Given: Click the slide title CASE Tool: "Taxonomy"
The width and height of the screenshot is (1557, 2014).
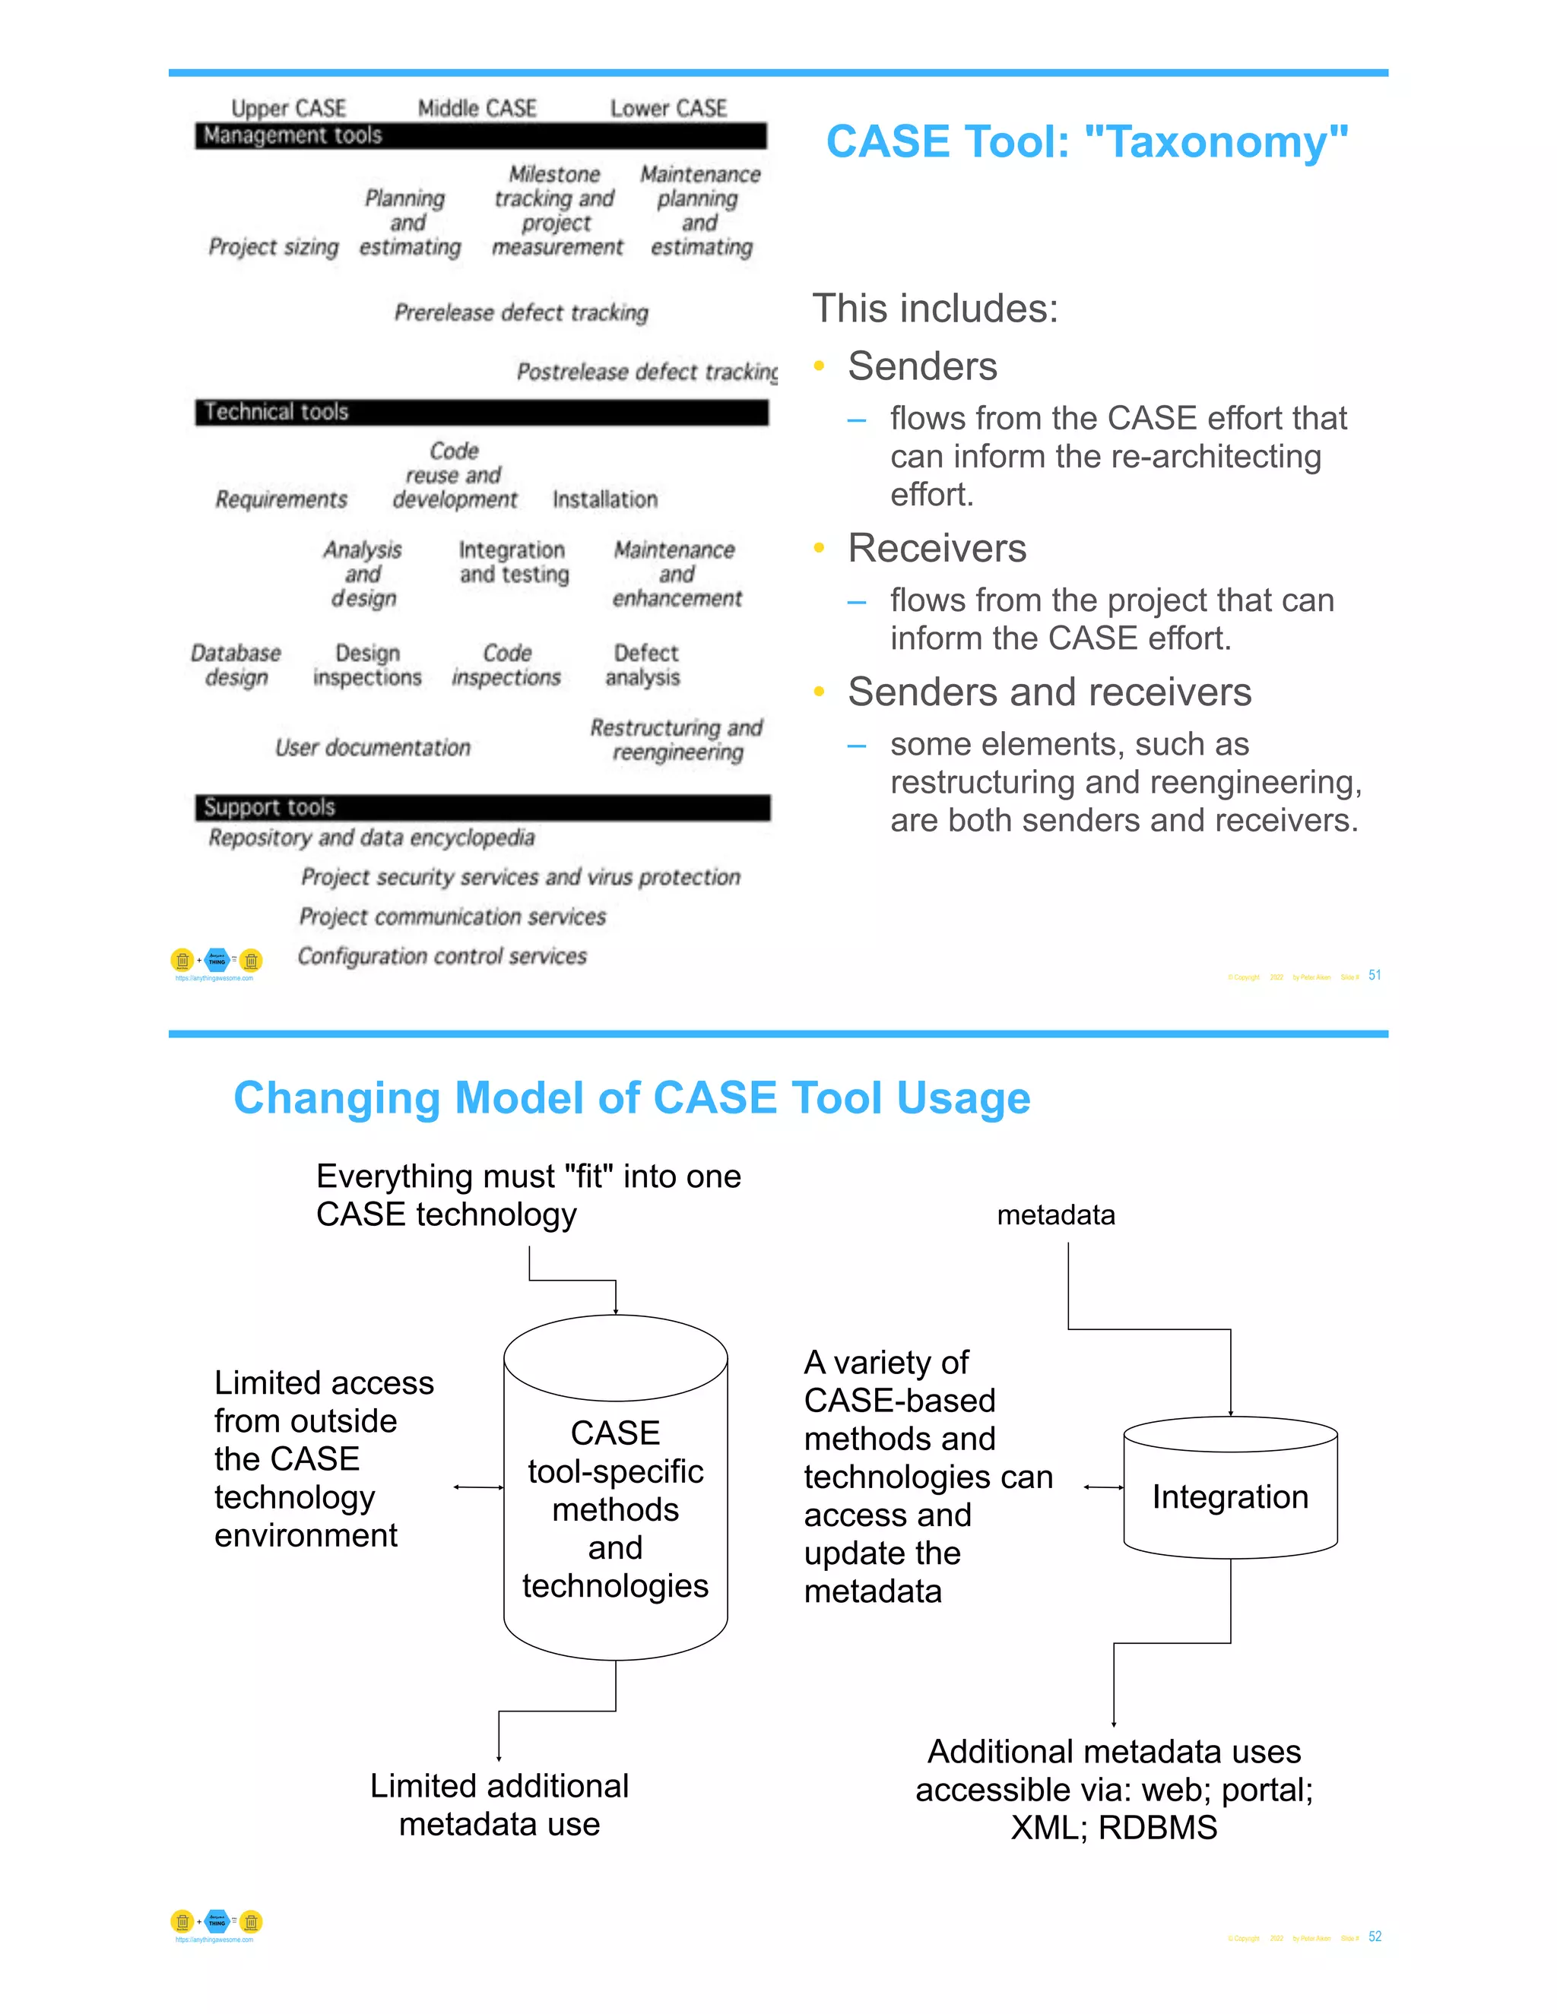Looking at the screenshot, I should pyautogui.click(x=1086, y=142).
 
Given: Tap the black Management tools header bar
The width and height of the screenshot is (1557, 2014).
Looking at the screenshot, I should pyautogui.click(x=480, y=135).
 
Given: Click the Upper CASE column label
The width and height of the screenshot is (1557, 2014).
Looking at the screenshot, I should pyautogui.click(x=288, y=109).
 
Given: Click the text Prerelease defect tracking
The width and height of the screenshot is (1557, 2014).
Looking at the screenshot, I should pyautogui.click(x=521, y=312).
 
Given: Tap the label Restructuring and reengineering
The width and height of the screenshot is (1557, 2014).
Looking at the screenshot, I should pyautogui.click(x=676, y=739).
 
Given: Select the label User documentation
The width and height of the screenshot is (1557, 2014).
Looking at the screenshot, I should pyautogui.click(x=373, y=748).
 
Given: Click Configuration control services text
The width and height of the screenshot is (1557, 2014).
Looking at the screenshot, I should pyautogui.click(x=442, y=956).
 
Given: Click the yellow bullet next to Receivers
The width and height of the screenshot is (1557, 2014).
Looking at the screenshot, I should pyautogui.click(x=818, y=548).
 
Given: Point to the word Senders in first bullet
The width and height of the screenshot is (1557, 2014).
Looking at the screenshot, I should pyautogui.click(x=921, y=366).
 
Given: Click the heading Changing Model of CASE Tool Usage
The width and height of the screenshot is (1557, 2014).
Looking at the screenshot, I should pyautogui.click(x=631, y=1097).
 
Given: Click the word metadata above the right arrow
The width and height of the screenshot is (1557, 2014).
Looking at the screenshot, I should pyautogui.click(x=1055, y=1214).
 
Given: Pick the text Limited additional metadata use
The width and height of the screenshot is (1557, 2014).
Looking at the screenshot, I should pyautogui.click(x=499, y=1805).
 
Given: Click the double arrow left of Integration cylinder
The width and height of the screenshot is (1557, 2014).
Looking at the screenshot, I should pyautogui.click(x=1103, y=1487).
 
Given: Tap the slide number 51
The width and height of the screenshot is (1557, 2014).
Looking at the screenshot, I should pyautogui.click(x=1375, y=975).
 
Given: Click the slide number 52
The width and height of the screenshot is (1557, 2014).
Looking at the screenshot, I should pyautogui.click(x=1375, y=1936).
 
